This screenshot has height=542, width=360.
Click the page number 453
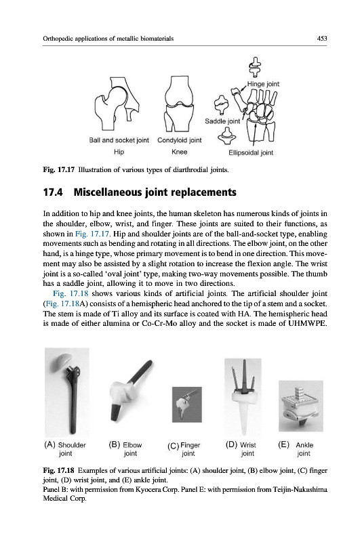(321, 39)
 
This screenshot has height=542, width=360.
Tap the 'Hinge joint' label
(263, 84)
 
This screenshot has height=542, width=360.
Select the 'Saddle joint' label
(222, 121)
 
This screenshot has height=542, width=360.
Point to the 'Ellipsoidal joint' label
(251, 152)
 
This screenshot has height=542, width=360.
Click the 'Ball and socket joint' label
(119, 140)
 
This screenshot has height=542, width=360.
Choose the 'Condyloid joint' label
(179, 140)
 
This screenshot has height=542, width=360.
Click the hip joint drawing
(117, 104)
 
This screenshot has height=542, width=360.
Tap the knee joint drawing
(179, 104)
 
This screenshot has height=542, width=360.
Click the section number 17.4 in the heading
(53, 192)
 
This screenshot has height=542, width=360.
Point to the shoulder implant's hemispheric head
(68, 360)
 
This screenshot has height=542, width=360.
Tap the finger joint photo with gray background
(186, 404)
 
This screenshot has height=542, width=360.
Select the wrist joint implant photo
(243, 397)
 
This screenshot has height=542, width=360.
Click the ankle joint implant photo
(301, 406)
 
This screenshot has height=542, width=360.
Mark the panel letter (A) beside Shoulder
(49, 444)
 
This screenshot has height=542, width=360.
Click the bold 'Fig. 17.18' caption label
(58, 470)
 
